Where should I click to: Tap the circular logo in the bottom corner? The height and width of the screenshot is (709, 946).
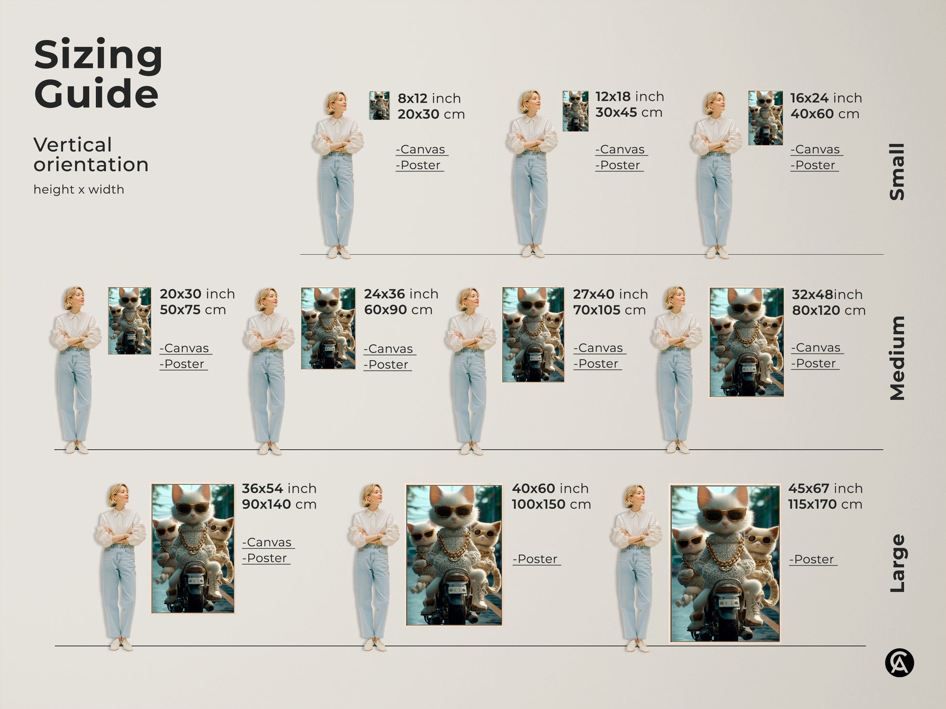[x=899, y=663]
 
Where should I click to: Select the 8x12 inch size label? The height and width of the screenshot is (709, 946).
[x=429, y=98]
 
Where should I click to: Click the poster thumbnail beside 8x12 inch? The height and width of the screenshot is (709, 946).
[x=379, y=105]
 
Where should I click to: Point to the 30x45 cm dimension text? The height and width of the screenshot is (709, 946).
[x=629, y=113]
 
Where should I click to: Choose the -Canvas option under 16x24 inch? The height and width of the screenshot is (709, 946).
[x=816, y=150]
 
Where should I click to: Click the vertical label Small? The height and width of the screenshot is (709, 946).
[x=897, y=172]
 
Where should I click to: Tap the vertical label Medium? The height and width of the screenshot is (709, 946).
[x=897, y=358]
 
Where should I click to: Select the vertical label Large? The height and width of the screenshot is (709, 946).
[x=897, y=563]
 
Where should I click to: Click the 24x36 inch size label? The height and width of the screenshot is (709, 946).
[x=401, y=294]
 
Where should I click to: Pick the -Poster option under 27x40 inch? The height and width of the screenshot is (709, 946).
[x=597, y=364]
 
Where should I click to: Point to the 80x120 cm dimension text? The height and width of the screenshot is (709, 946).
[x=828, y=311]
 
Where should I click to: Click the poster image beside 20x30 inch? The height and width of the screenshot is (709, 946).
[x=129, y=321]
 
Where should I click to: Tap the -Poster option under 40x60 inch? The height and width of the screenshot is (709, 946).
[x=536, y=559]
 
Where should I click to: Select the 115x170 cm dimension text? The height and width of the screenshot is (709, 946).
[x=825, y=504]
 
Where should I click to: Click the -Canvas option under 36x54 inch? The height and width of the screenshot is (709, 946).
[x=268, y=542]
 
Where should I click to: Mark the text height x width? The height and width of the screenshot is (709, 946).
[x=79, y=190]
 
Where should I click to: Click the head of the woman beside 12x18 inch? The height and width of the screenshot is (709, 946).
[x=530, y=102]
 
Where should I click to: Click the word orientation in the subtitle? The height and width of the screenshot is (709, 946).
[x=91, y=165]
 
